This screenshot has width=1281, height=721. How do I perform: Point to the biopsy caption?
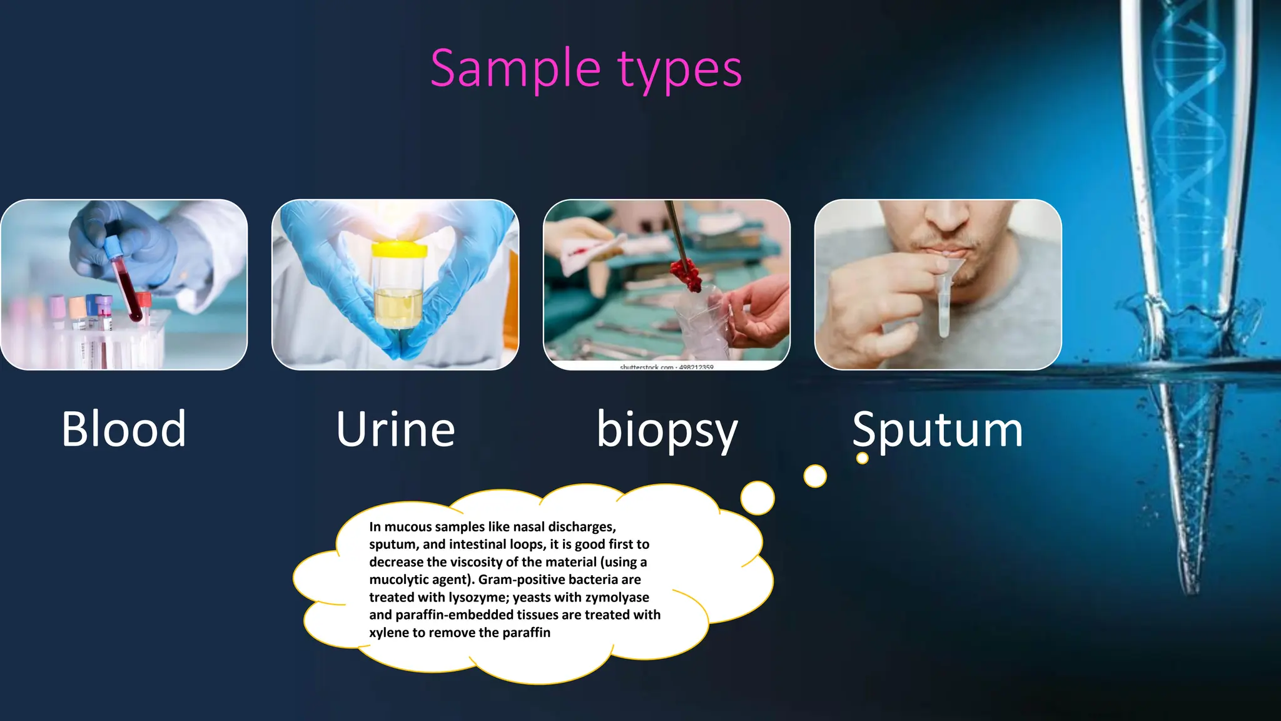667,431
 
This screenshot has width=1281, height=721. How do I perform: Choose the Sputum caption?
937,431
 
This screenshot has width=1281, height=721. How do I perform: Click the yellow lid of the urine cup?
399,250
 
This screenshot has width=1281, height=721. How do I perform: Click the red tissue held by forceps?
686,275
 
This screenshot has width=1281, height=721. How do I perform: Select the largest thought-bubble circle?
757,498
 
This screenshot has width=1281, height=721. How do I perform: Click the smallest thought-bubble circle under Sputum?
862,458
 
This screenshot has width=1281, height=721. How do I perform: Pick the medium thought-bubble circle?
815,476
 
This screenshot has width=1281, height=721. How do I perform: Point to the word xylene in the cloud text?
388,633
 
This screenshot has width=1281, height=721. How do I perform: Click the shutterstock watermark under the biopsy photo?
666,367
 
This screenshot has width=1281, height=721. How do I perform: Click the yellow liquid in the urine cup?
398,307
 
